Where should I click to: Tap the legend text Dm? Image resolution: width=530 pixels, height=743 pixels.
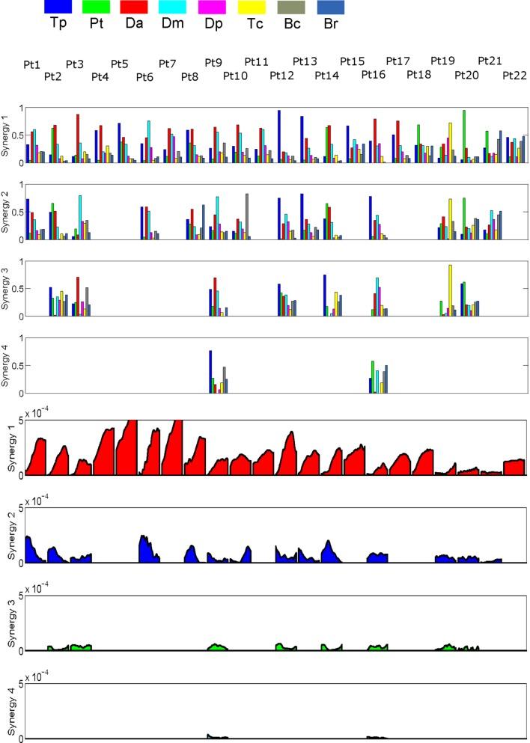point(173,23)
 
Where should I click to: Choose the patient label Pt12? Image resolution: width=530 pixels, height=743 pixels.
point(282,76)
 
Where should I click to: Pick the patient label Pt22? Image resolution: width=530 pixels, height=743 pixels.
point(515,76)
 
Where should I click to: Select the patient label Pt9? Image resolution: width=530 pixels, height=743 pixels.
point(213,61)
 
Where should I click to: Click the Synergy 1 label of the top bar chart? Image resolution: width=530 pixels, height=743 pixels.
point(7,136)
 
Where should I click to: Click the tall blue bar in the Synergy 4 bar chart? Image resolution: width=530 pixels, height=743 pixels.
point(210,372)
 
